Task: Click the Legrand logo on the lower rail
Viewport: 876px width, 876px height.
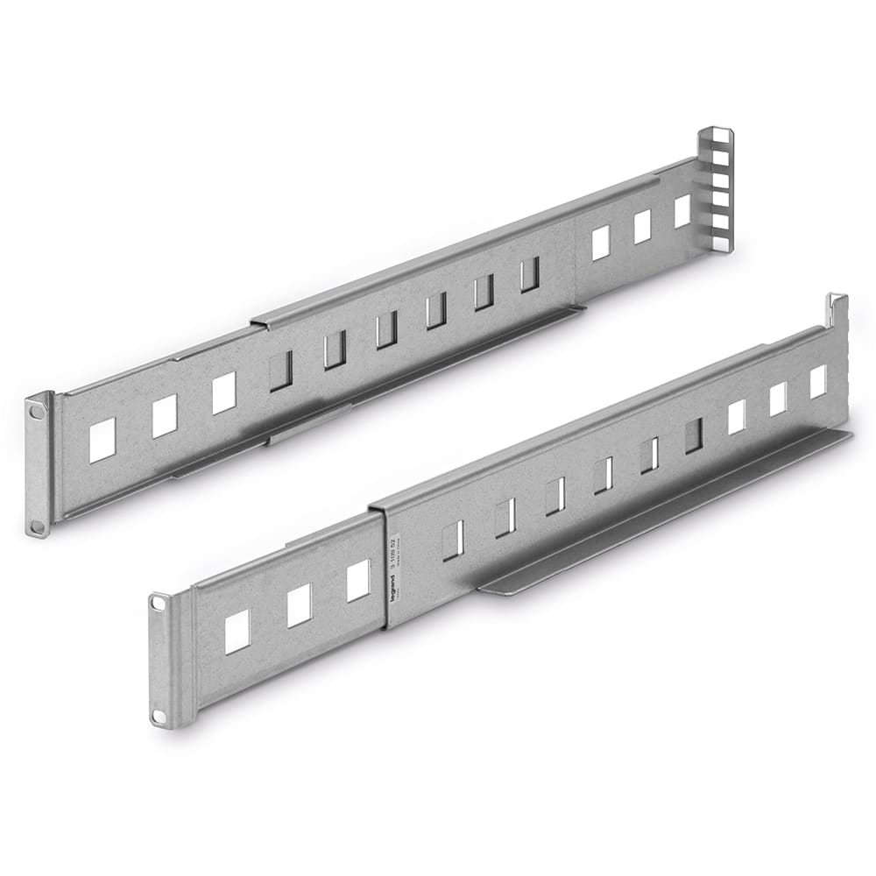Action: (392, 590)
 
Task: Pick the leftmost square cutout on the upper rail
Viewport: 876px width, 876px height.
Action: (102, 440)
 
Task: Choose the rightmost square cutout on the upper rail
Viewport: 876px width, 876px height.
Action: (682, 211)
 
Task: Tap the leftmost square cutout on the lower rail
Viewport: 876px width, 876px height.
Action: (237, 632)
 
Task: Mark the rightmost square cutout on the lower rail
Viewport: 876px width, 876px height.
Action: (817, 382)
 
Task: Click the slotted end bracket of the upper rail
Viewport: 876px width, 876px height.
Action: (716, 188)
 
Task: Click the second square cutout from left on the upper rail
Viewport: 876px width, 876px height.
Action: (165, 416)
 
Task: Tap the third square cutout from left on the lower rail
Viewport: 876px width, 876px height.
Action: (357, 581)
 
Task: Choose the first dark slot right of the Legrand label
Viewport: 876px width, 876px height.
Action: (452, 540)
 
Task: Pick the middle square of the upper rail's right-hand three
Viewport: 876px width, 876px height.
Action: (642, 227)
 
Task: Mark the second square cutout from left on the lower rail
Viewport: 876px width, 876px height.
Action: (299, 605)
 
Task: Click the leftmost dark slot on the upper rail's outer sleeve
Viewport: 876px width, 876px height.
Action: (280, 371)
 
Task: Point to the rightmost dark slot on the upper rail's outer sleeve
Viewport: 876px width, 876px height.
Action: (529, 274)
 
